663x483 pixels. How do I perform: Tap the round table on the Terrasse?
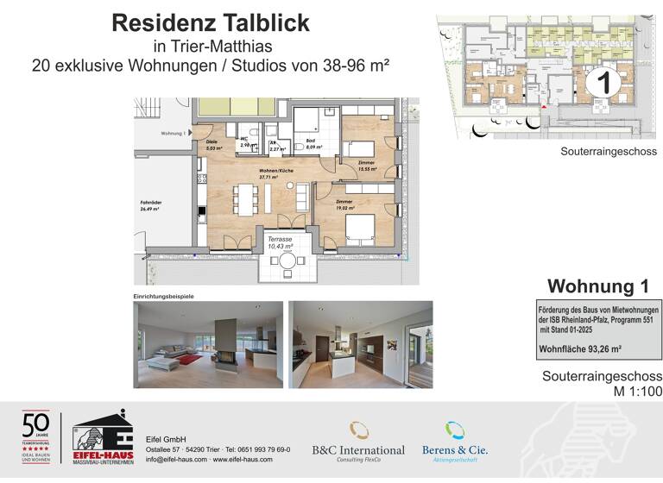click(287, 260)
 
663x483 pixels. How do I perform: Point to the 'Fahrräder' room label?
click(151, 205)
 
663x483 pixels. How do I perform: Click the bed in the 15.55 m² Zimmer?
click(357, 148)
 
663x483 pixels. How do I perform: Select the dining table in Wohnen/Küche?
click(243, 200)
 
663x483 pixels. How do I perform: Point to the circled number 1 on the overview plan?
click(603, 84)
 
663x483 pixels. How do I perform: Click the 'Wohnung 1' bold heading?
click(597, 285)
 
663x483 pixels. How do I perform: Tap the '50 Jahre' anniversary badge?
click(35, 436)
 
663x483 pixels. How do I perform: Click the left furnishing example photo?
click(207, 344)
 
